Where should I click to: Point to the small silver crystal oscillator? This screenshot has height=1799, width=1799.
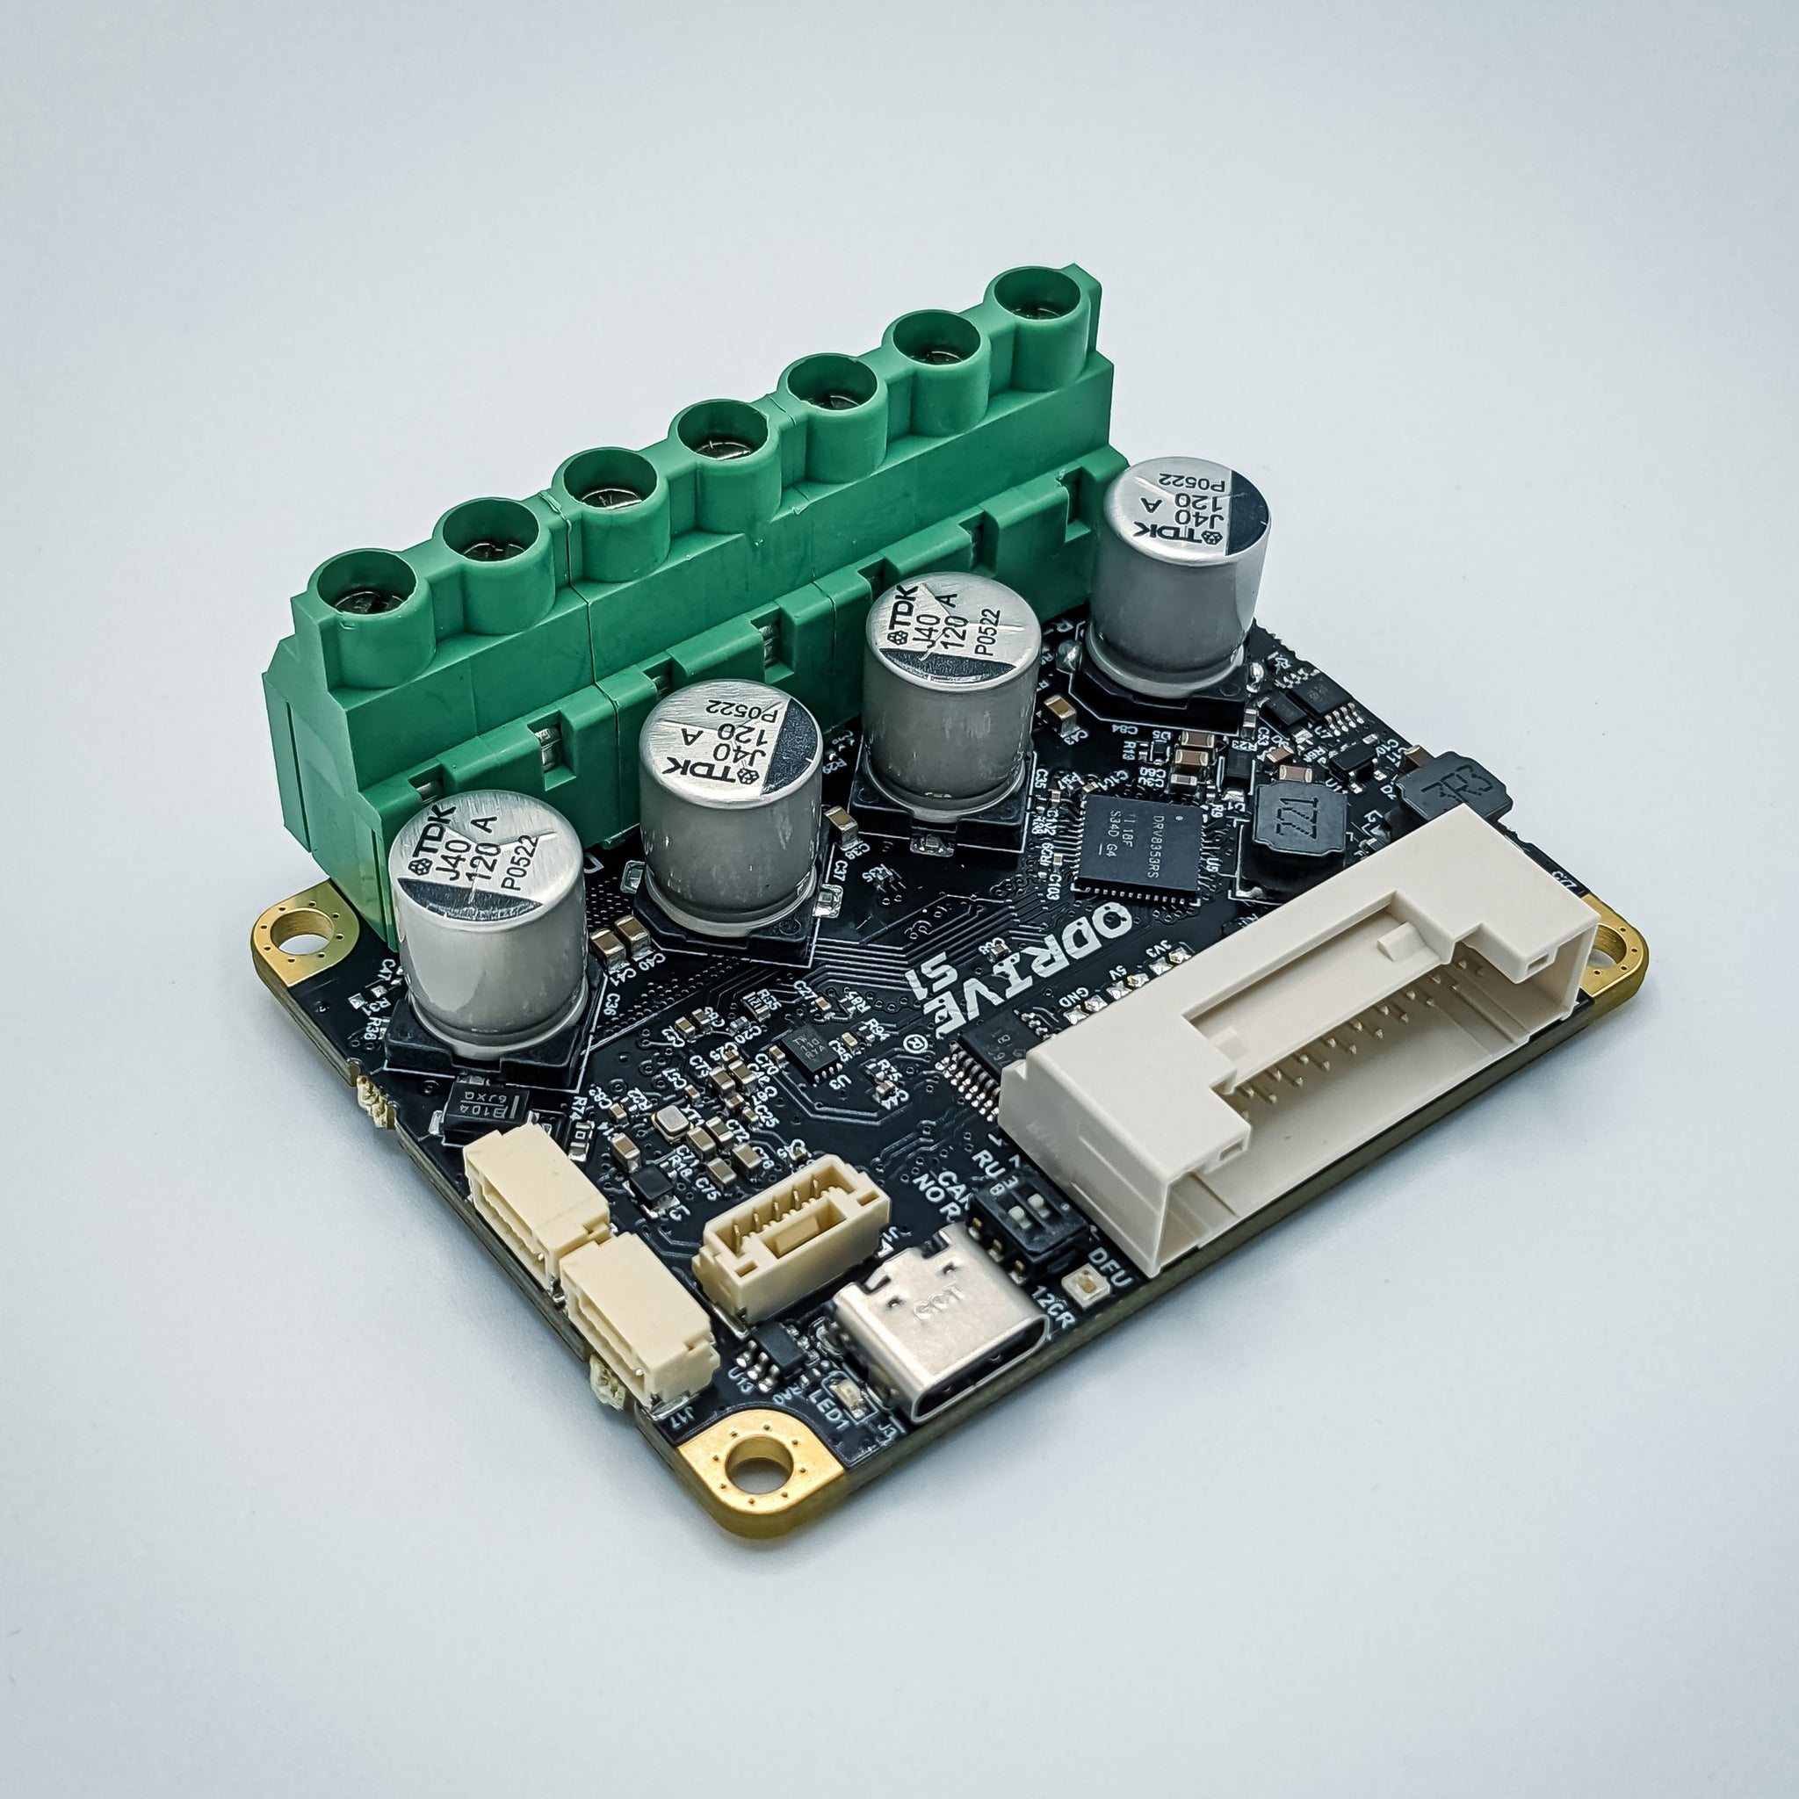point(670,1123)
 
